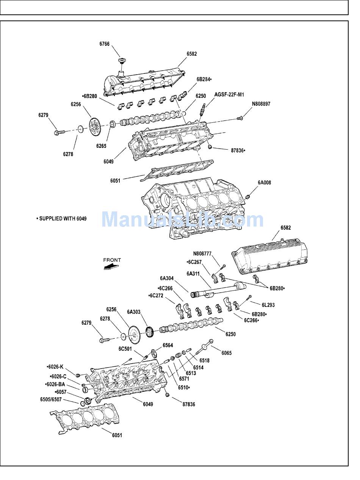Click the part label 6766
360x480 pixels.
click(105, 44)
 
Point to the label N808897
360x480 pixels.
click(261, 103)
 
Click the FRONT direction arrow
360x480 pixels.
click(110, 267)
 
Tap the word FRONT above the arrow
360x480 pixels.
click(112, 260)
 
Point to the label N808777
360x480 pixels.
click(202, 253)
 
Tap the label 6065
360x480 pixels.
click(226, 353)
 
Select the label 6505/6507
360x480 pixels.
click(51, 399)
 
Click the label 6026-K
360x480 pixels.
click(55, 367)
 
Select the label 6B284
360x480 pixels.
click(204, 79)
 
